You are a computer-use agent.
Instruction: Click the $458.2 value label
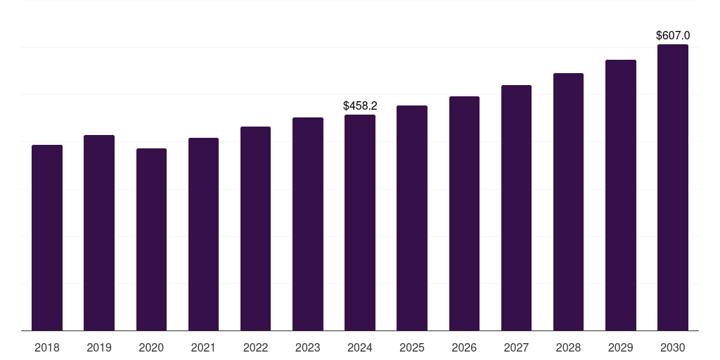point(360,106)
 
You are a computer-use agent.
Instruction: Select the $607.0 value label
point(673,35)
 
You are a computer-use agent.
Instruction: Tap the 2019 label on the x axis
point(99,347)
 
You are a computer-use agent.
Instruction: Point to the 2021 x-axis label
point(203,347)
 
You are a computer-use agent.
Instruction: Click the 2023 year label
point(308,347)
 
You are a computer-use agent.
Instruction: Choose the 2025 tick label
point(412,347)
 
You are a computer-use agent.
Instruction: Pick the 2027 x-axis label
point(516,347)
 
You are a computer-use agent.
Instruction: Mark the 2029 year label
point(621,347)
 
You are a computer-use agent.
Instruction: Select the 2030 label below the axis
point(673,347)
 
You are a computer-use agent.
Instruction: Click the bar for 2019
point(99,233)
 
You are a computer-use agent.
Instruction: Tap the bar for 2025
point(412,218)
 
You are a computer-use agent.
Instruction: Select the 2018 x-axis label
point(47,347)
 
